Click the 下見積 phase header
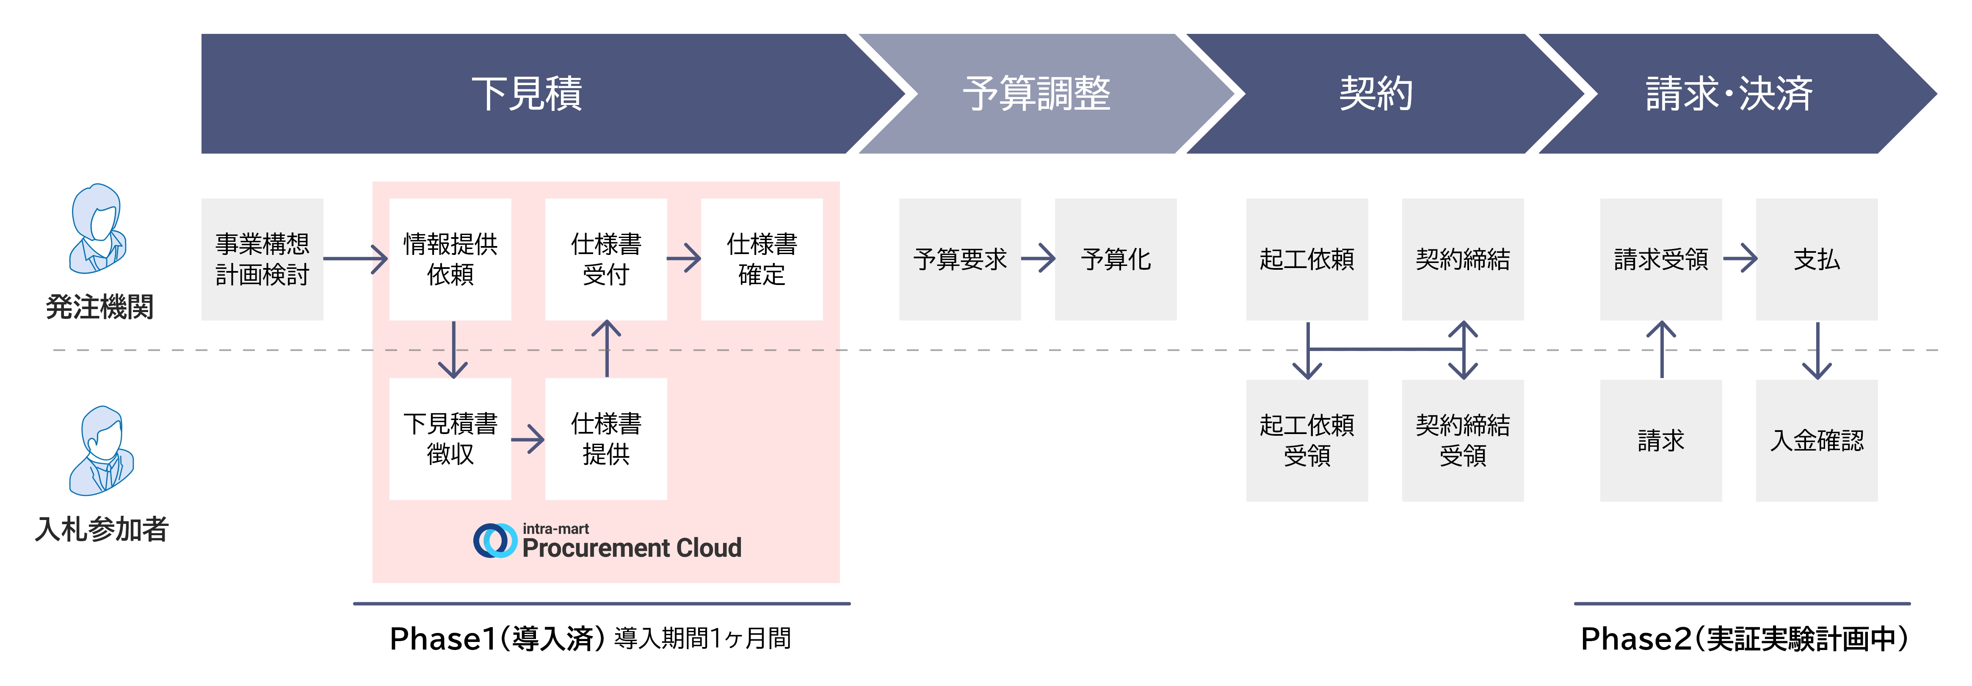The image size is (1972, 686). (527, 94)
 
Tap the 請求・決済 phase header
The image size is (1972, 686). (1729, 94)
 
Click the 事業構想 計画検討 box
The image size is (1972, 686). (262, 260)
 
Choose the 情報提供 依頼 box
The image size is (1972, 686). (450, 260)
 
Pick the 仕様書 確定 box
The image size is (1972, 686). (762, 260)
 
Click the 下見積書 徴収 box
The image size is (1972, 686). (450, 439)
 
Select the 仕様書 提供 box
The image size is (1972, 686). (605, 439)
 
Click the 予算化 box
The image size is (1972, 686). (1116, 260)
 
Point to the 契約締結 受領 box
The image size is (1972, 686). (1462, 440)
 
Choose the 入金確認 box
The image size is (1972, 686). (1817, 440)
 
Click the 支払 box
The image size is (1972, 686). (1817, 260)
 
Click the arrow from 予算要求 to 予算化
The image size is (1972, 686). (1038, 258)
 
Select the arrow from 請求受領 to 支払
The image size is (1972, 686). (1739, 258)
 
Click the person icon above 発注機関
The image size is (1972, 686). (97, 229)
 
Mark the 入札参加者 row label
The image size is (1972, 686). (101, 529)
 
